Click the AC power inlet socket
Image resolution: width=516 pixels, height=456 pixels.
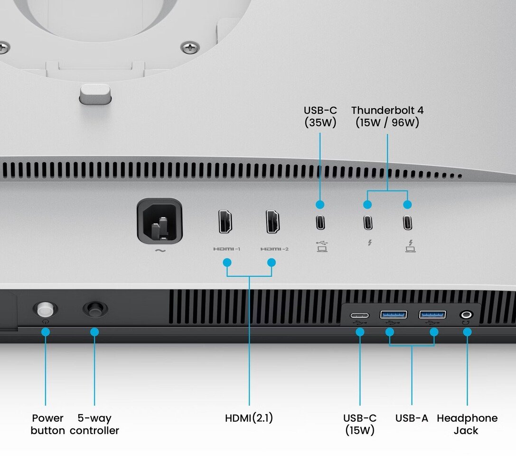159,221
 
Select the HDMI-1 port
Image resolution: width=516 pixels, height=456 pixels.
225,221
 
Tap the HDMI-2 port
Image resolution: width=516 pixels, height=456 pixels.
273,221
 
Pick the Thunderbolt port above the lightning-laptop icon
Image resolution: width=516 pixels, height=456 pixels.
407,222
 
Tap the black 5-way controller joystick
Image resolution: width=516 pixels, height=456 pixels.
95,309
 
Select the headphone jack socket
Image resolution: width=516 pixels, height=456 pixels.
467,314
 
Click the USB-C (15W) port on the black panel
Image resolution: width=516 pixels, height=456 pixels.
360,315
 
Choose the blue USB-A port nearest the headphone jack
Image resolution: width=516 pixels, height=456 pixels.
432,314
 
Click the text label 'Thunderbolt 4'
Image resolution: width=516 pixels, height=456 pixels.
387,110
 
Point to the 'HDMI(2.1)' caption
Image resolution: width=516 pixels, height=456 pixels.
249,418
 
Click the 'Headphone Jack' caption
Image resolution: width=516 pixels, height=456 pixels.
467,424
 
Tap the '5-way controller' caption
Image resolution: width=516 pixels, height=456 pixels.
94,424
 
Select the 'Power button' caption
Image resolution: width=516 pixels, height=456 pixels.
48,424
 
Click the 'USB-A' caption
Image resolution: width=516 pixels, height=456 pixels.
412,418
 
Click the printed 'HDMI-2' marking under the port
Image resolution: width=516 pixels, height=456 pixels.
274,249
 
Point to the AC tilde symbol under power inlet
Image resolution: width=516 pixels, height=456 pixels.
160,251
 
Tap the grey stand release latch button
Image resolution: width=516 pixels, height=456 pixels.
95,94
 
